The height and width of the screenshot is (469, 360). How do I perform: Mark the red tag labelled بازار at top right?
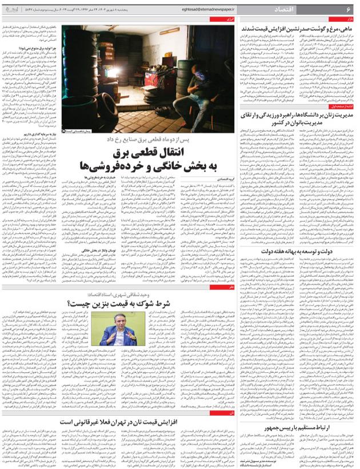click(x=349, y=19)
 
